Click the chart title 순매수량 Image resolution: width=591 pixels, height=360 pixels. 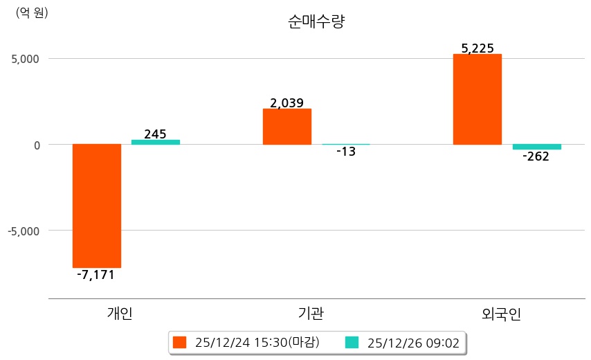[x=316, y=21]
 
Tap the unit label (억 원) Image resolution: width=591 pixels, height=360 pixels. [x=32, y=12]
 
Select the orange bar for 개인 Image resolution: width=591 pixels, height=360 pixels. [x=97, y=206]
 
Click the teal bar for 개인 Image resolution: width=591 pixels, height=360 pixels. [x=156, y=142]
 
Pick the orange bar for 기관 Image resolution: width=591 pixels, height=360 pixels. [x=287, y=127]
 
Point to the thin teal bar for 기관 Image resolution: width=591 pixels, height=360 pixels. [x=346, y=144]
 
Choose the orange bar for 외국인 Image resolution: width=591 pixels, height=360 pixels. [x=478, y=99]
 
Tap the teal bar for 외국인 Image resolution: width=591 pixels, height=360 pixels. [x=536, y=147]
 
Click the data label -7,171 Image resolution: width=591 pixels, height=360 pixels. [x=96, y=275]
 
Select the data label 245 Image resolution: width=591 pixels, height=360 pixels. [x=155, y=134]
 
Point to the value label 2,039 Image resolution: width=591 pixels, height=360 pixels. [x=287, y=103]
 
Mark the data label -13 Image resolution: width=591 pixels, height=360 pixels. [x=345, y=152]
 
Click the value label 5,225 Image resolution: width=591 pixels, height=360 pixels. [x=478, y=48]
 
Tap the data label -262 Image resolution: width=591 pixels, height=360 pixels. [x=536, y=156]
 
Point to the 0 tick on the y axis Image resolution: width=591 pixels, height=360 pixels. [x=36, y=145]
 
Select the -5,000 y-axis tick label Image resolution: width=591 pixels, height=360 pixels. [x=24, y=231]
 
